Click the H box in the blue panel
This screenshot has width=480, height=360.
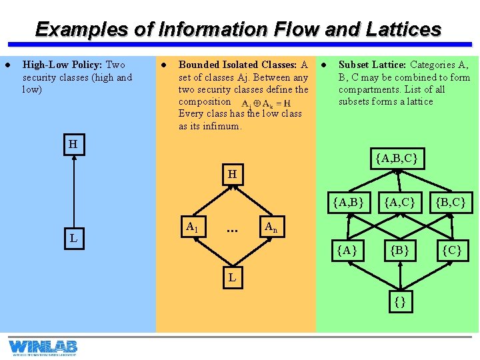coord(73,145)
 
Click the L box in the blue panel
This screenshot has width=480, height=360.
coord(73,237)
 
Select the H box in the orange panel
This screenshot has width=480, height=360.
coord(232,174)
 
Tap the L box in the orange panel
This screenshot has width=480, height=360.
coord(232,276)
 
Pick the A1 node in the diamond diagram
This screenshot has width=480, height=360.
coord(192,227)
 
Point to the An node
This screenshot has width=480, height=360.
coord(271,227)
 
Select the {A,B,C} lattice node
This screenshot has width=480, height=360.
coord(397,159)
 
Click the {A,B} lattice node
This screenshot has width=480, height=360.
coord(348,201)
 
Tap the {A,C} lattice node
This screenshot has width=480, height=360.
coord(400,201)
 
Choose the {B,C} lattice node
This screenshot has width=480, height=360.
coord(450,201)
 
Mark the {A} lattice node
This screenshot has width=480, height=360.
coord(348,251)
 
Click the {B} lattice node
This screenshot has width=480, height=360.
coord(400,251)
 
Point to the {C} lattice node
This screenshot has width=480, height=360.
coord(451,251)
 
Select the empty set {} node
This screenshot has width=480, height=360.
coord(400,301)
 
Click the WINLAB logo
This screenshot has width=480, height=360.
coord(43,347)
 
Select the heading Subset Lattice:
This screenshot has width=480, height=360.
coord(372,65)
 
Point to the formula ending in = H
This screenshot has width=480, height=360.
coord(265,104)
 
